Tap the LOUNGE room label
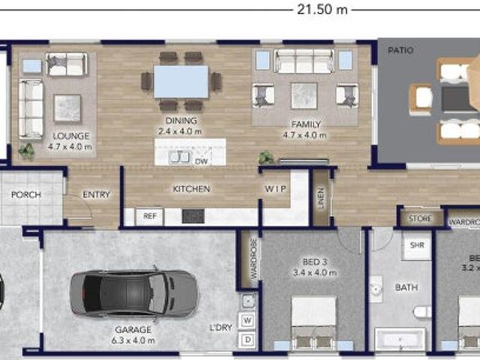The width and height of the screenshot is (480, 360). (x=71, y=136)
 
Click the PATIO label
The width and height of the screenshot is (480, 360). (x=400, y=50)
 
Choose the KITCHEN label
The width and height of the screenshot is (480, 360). (x=191, y=189)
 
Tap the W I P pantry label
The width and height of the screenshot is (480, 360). (x=275, y=189)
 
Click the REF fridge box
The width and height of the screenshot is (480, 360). (x=148, y=216)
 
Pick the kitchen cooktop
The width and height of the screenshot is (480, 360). (x=193, y=216)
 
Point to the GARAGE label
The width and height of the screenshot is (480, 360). (x=133, y=329)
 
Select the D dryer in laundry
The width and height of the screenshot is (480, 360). (x=248, y=340)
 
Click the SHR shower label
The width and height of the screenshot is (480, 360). (x=416, y=245)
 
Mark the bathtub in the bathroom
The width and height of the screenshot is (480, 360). (x=400, y=339)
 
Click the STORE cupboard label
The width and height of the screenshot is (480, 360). (x=421, y=219)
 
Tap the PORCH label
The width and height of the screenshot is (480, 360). (x=25, y=195)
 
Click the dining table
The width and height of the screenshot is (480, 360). (x=181, y=82)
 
